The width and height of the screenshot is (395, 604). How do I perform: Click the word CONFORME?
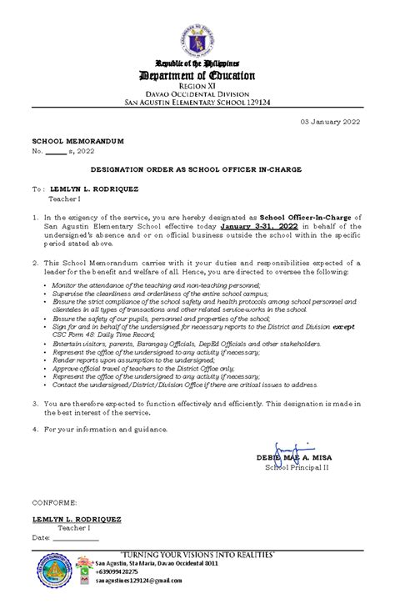(x=54, y=504)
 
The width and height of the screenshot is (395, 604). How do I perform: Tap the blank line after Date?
(x=82, y=538)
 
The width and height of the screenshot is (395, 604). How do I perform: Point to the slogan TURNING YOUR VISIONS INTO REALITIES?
(x=197, y=554)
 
